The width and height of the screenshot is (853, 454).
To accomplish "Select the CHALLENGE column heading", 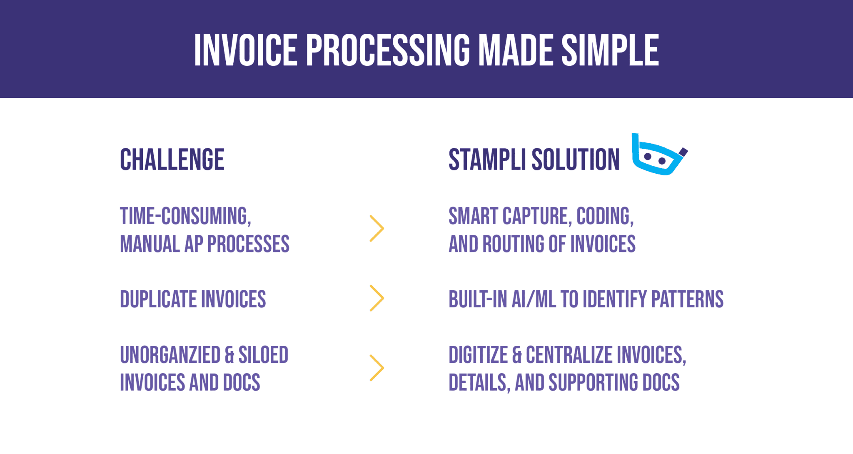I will coord(172,160).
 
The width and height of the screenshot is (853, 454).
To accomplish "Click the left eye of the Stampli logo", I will coord(648,157).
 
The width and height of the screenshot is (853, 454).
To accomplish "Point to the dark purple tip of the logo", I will coord(683,152).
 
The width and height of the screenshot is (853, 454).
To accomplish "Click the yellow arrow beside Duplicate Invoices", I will coord(377,298).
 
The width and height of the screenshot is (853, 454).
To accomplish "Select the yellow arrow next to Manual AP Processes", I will coord(377,228).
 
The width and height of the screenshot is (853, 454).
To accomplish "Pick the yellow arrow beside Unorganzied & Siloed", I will coord(377,368).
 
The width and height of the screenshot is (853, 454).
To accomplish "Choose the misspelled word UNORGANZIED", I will coord(170,355).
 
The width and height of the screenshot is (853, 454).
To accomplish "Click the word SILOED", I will coord(263,355).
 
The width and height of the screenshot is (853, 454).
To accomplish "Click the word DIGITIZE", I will coord(478,355).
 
